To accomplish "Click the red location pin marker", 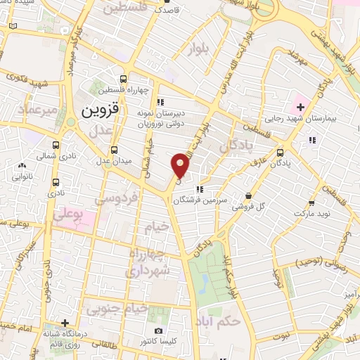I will click(x=181, y=165).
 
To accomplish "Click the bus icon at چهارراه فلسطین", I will click(x=124, y=79).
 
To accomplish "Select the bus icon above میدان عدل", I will click(x=115, y=150).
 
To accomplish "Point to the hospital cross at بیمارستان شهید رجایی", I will click(x=301, y=107).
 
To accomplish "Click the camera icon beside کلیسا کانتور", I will click(x=158, y=330).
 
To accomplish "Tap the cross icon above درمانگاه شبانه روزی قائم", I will click(x=65, y=323).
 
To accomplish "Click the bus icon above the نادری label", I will click(x=56, y=181).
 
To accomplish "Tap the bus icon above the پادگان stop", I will click(x=281, y=152).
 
